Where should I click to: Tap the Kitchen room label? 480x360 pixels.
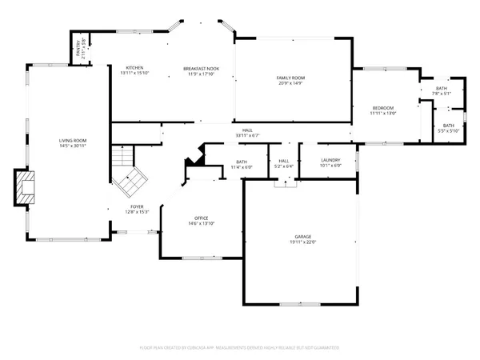134,67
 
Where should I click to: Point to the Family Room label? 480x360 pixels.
291,78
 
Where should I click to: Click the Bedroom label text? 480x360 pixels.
382,108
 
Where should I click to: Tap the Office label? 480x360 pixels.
201,218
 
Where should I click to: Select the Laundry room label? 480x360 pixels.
330,160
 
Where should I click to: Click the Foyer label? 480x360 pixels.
138,206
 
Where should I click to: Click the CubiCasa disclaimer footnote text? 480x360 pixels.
240,347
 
